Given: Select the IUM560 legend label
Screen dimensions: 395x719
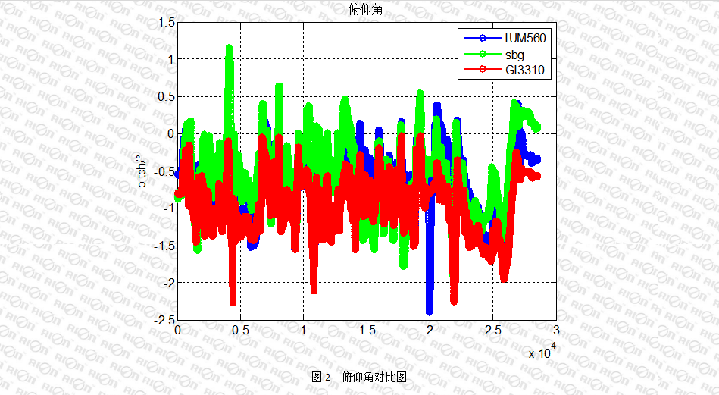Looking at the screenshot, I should pyautogui.click(x=525, y=38).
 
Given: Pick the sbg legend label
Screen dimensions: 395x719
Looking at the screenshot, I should pyautogui.click(x=514, y=55).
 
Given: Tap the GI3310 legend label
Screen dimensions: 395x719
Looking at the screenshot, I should pyautogui.click(x=525, y=71).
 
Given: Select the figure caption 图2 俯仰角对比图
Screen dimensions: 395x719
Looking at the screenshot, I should pyautogui.click(x=360, y=377).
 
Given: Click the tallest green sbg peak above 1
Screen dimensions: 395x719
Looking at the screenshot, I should pyautogui.click(x=229, y=49).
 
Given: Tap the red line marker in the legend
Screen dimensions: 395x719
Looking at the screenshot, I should pyautogui.click(x=480, y=71).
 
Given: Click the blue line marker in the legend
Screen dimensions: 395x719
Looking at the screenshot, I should pyautogui.click(x=480, y=38).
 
